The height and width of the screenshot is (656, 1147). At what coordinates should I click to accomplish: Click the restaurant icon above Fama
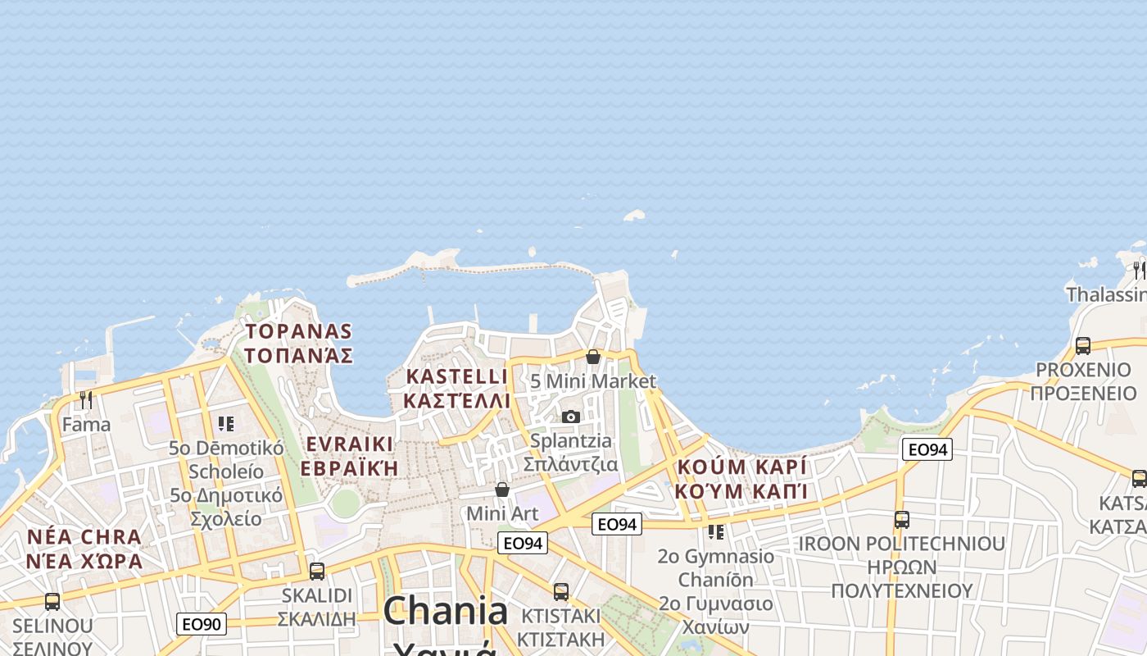[85, 399]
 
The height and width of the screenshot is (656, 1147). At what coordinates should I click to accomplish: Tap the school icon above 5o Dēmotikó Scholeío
[226, 424]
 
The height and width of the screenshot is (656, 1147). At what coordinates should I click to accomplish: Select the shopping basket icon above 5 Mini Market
[593, 357]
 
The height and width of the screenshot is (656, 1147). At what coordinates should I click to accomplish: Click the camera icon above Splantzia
[571, 417]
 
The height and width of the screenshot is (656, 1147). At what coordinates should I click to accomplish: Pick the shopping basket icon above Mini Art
[502, 490]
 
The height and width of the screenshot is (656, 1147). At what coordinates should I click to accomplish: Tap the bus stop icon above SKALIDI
[317, 572]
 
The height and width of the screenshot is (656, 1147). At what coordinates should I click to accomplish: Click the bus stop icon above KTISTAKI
[561, 591]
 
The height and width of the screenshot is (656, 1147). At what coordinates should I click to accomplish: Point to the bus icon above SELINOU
[52, 602]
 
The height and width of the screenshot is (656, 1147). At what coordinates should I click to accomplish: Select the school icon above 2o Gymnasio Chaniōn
[716, 532]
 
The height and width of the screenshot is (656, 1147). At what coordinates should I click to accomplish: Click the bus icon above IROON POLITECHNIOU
[902, 519]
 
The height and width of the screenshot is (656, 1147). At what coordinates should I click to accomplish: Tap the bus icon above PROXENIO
[1083, 346]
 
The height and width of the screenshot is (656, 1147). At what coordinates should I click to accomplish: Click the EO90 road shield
[201, 624]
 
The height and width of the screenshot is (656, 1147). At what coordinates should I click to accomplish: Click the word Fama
[86, 425]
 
